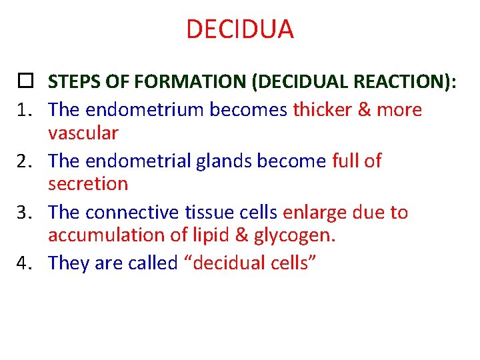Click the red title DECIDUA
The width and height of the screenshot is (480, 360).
tap(239, 29)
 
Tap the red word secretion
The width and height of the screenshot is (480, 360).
tap(87, 183)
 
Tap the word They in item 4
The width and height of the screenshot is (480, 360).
tap(69, 263)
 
